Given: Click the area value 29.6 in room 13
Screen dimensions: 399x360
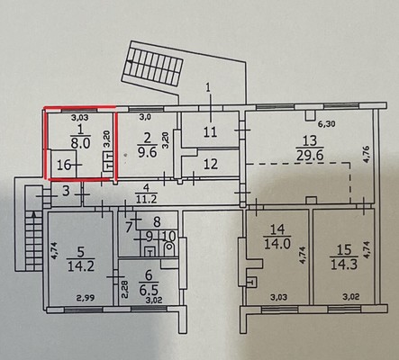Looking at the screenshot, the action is (310, 156).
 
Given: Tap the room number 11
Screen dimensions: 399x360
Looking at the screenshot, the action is (210, 131).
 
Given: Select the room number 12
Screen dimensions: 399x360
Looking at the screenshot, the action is (211, 164).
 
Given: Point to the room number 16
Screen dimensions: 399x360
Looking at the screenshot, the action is (64, 165).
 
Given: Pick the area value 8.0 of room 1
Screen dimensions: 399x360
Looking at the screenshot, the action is (80, 143).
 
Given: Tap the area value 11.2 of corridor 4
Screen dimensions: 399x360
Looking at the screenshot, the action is (146, 199).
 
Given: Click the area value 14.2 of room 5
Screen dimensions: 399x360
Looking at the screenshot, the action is (81, 266).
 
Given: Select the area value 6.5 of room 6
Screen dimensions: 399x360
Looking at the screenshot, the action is (149, 290).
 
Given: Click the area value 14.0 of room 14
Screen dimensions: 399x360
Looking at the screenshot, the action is (277, 243).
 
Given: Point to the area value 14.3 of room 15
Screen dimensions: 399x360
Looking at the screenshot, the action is (344, 264).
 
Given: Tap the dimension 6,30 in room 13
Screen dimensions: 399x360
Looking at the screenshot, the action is (327, 123).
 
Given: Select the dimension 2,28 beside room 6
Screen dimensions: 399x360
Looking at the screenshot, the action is (125, 289).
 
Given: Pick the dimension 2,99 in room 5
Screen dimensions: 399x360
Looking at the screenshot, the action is (86, 298).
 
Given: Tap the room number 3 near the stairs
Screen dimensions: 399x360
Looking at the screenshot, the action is (67, 191).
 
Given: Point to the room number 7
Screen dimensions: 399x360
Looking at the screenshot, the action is (129, 227).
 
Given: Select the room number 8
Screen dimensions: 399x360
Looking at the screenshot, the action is (157, 222).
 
